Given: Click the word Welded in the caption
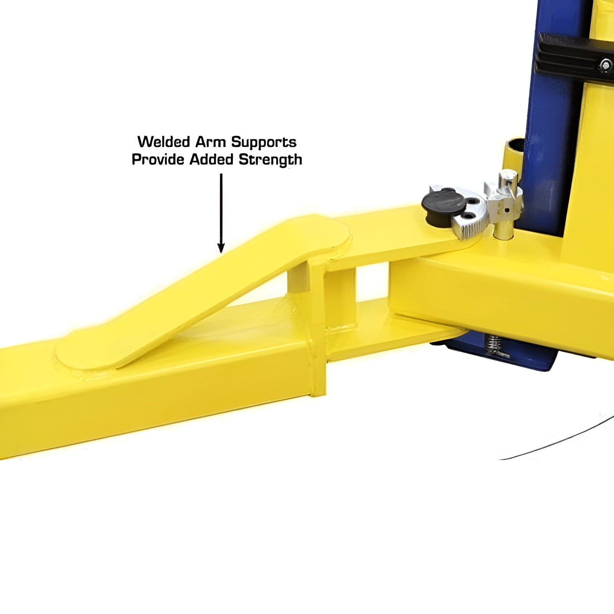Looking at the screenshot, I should pos(163,142).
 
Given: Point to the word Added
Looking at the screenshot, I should pos(211,159).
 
